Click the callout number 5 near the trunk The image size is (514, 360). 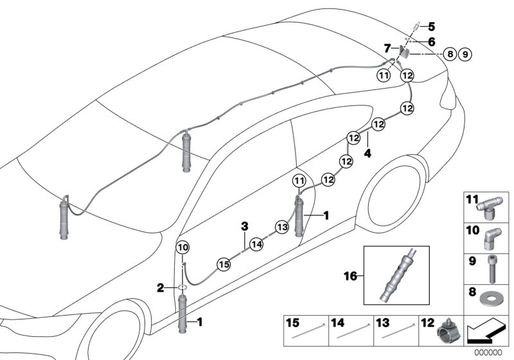point(432,26)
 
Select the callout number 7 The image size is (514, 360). point(387,48)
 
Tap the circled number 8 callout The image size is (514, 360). point(450,55)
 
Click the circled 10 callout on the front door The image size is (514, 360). point(182,248)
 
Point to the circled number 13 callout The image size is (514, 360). point(281,226)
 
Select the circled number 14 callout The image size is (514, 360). point(256,244)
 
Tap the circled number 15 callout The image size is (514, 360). point(223,263)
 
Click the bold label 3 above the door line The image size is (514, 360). point(244,226)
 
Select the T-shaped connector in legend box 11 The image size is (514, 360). point(490,207)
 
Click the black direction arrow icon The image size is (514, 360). point(485,332)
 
